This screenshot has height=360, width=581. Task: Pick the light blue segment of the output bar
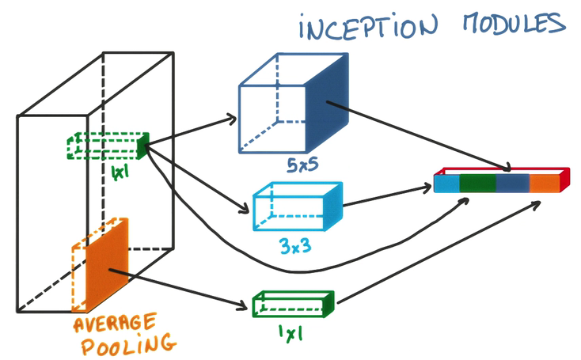447,184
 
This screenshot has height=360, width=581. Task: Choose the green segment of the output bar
478,184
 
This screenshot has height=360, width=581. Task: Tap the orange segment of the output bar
544,184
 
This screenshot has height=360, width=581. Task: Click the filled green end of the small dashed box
142,145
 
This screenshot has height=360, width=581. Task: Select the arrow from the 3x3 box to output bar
388,197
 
